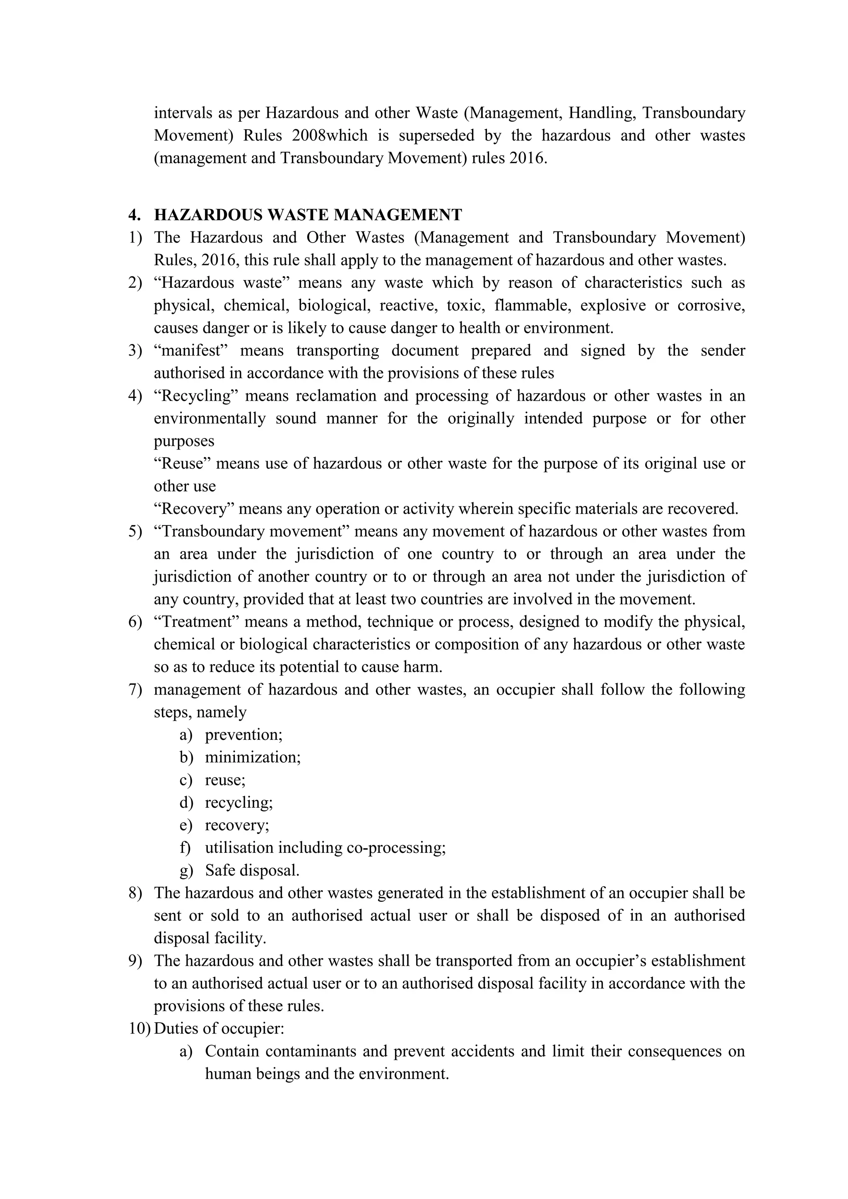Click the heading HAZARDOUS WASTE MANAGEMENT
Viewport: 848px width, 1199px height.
(308, 214)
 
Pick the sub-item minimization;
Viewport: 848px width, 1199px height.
(253, 757)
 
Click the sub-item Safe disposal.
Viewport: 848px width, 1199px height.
(252, 871)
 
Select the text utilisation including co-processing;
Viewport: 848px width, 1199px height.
(325, 847)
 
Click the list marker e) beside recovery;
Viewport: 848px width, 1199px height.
(186, 825)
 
